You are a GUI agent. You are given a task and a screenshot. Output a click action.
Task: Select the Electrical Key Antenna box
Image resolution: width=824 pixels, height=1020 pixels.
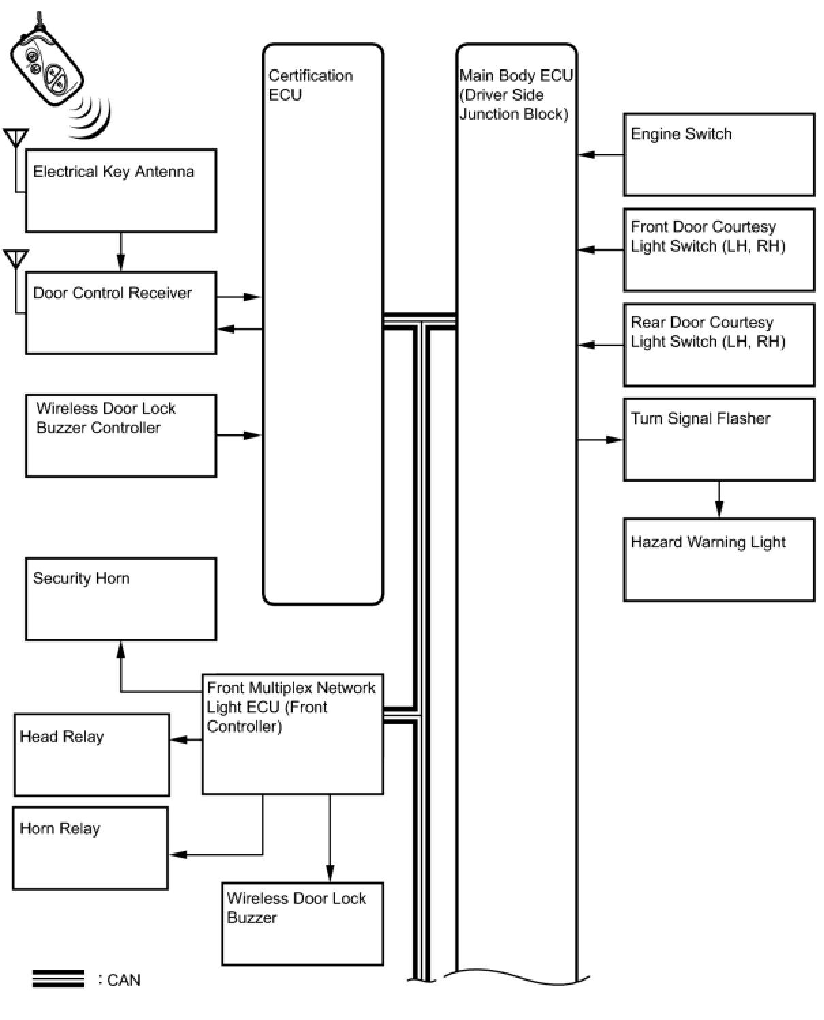[121, 191]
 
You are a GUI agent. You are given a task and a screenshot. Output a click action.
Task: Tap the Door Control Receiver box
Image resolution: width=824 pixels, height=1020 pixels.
[121, 313]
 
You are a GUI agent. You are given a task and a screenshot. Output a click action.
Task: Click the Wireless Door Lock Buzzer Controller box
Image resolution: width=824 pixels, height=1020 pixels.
[121, 435]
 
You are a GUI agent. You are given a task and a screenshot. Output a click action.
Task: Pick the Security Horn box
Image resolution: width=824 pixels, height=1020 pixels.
[121, 599]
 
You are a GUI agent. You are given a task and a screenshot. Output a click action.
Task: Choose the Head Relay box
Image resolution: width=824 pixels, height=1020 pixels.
[91, 754]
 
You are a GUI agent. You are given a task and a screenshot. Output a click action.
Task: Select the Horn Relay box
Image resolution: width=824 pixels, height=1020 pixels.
[90, 848]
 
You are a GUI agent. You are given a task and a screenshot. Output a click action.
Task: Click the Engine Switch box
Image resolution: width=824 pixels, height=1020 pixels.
[718, 155]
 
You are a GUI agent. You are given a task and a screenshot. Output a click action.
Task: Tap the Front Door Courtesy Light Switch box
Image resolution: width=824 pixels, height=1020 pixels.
[718, 250]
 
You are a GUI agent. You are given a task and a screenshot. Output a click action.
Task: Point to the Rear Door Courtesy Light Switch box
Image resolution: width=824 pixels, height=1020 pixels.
[718, 345]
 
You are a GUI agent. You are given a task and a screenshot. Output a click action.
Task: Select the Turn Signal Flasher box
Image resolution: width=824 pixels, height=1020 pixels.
[718, 440]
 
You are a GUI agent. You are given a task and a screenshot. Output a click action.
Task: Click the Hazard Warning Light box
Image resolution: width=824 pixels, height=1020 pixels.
[718, 560]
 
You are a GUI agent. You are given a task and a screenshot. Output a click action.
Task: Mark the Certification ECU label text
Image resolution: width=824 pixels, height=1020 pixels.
[311, 85]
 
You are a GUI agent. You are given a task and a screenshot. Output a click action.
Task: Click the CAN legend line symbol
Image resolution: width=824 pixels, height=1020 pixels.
[59, 979]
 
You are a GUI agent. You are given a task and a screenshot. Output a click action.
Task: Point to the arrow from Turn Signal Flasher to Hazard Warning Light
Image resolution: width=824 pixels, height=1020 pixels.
[719, 500]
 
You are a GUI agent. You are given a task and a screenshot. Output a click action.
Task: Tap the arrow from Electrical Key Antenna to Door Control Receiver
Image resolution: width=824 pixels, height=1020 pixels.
[121, 252]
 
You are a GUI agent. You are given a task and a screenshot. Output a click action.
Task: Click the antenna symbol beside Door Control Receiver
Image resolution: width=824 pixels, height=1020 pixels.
[16, 259]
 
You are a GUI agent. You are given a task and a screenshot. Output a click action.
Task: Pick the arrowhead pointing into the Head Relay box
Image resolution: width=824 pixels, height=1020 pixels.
[177, 739]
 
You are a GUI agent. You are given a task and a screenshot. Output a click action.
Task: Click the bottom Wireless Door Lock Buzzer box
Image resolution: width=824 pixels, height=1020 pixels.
[302, 924]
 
